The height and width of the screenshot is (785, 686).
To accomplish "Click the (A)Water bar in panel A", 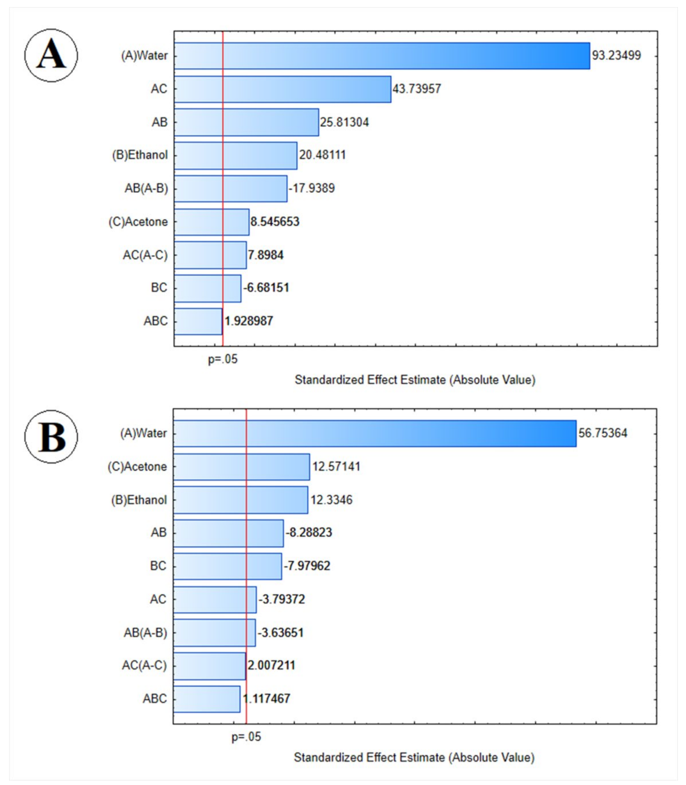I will (382, 56).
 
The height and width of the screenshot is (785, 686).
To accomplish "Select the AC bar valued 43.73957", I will (283, 89).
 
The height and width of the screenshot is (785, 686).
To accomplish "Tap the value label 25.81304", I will (344, 122).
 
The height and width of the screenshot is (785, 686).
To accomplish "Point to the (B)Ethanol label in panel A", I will (140, 155).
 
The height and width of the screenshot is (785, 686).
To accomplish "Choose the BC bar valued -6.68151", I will (207, 288).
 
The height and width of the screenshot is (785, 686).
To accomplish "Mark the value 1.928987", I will (249, 321).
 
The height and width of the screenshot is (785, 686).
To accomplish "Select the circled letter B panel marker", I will (51, 437).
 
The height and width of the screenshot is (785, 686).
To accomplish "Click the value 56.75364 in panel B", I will (603, 433).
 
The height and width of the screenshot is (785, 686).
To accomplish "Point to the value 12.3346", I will (331, 500).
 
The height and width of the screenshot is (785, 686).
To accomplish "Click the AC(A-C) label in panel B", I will (144, 666).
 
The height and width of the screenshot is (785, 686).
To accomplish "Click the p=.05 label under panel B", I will (246, 737).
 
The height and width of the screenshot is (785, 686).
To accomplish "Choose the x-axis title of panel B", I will (414, 757).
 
